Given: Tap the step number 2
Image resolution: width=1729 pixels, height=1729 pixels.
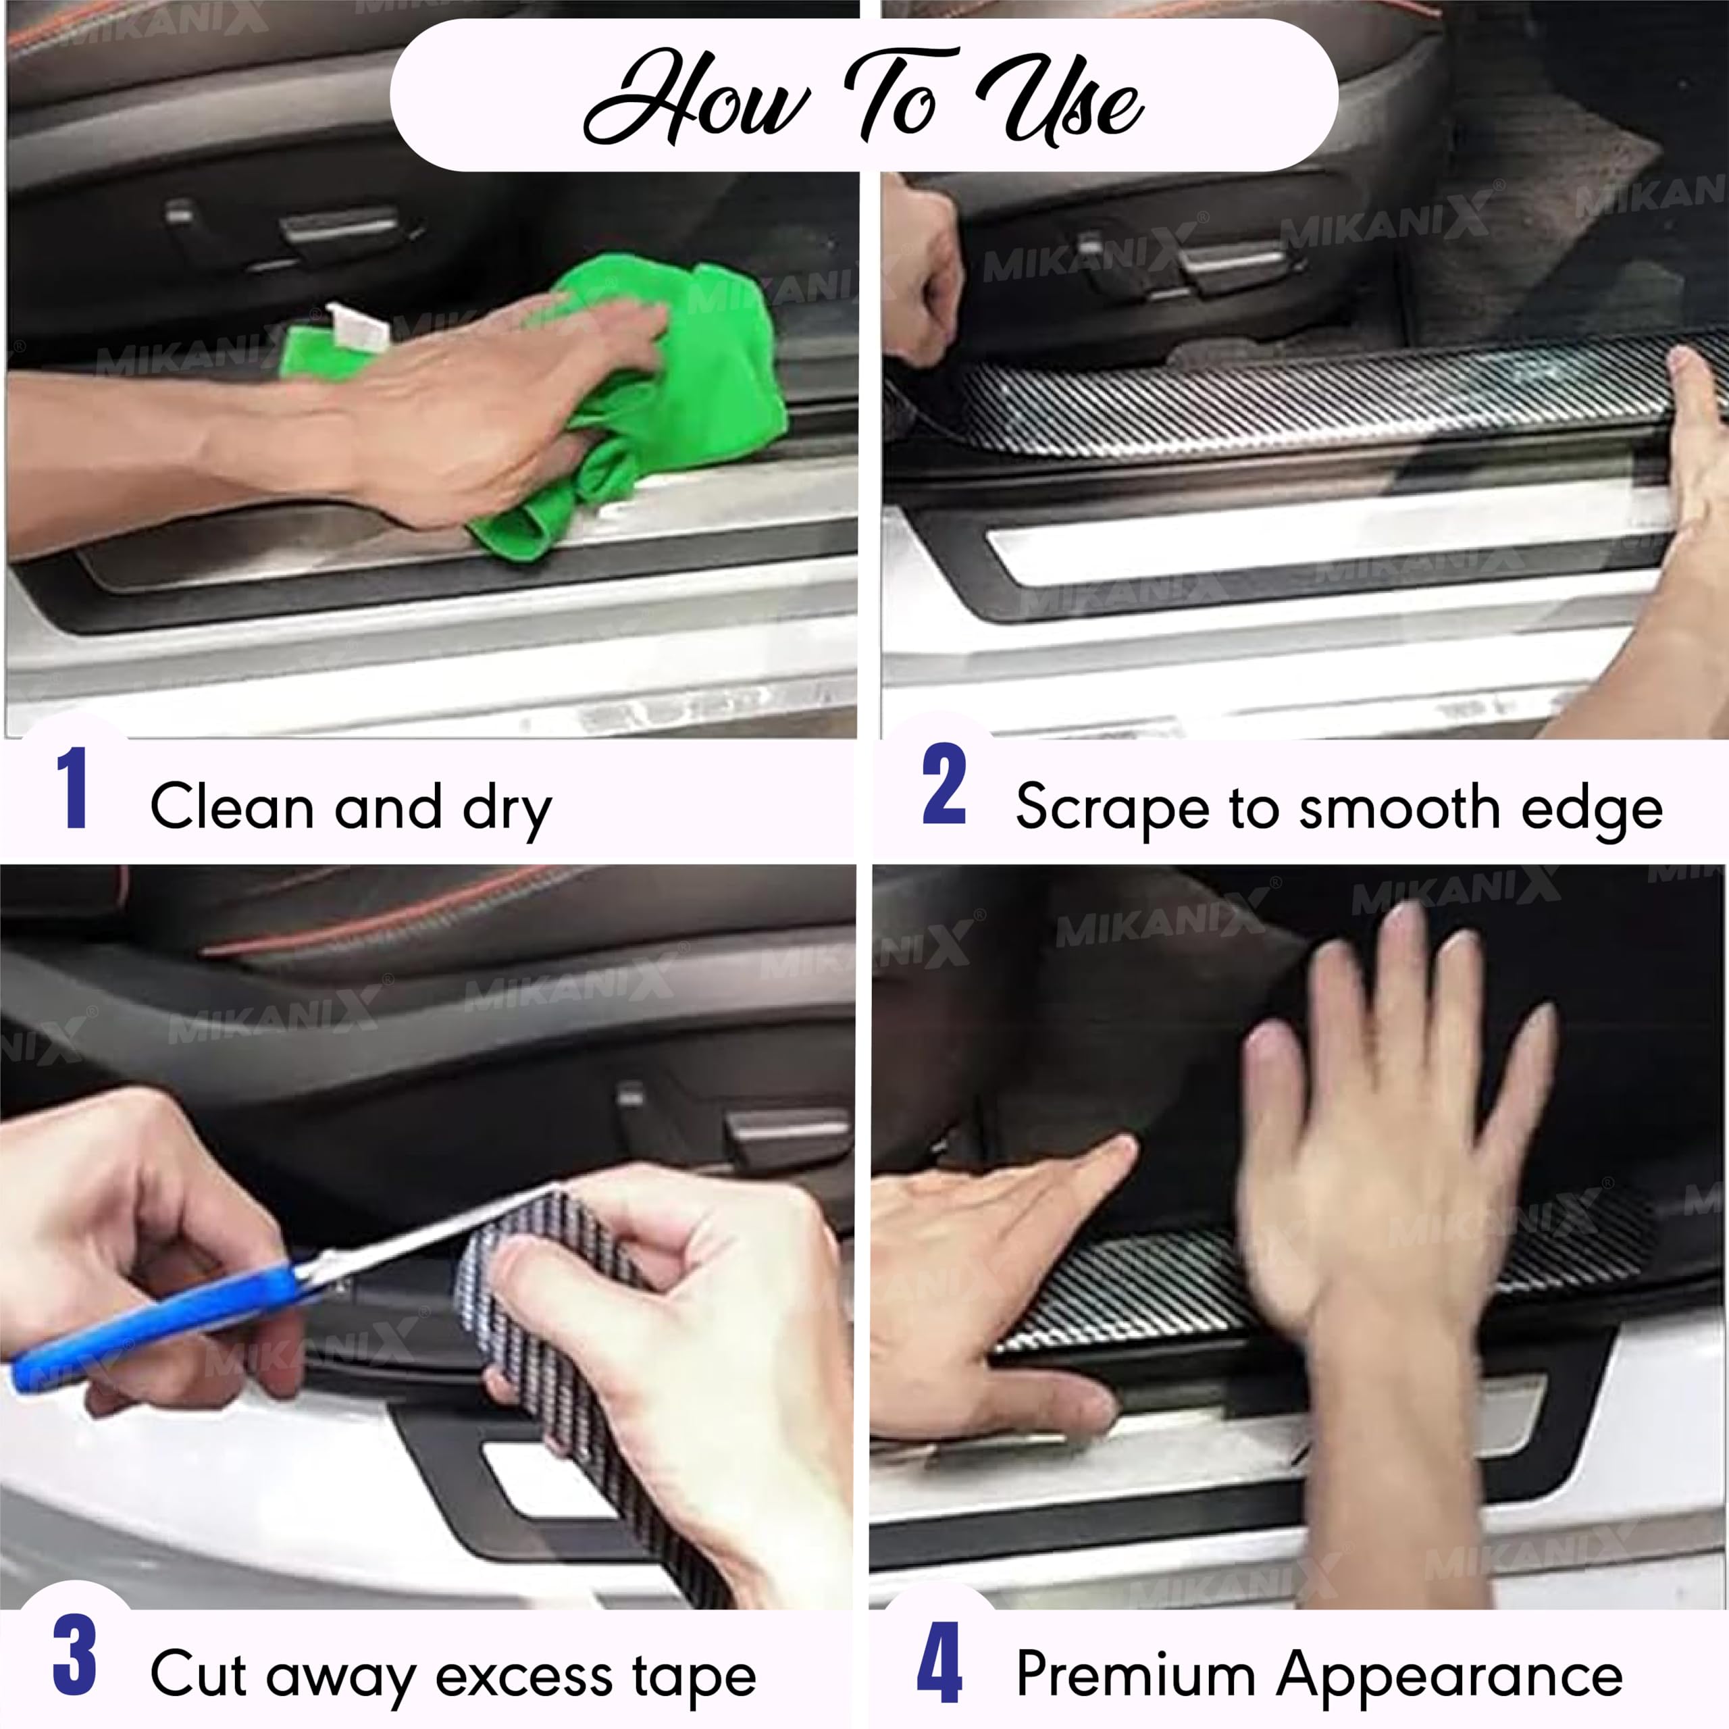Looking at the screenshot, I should (x=944, y=785).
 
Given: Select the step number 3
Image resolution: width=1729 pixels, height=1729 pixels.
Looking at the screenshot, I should (x=75, y=1655).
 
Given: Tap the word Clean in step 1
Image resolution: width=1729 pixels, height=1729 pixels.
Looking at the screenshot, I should (x=230, y=806).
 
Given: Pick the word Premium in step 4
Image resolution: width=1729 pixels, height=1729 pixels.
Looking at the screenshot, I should (x=1135, y=1673).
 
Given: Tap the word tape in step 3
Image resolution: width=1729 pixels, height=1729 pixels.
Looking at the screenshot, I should (x=694, y=1674).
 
